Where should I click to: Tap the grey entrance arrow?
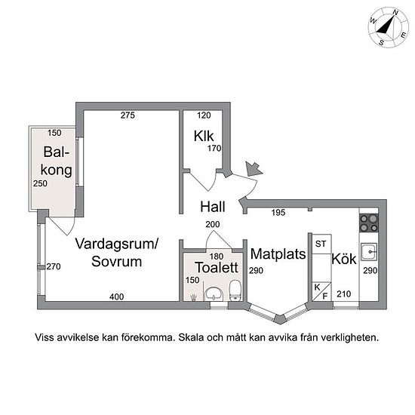click(x=254, y=168)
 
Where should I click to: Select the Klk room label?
click(x=204, y=136)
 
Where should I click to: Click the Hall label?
click(x=213, y=207)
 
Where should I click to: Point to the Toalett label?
click(x=217, y=267)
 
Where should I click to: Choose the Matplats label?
click(x=278, y=254)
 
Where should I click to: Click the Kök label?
click(x=344, y=259)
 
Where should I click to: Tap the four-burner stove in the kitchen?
click(x=369, y=223)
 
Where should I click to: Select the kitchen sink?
click(x=369, y=252)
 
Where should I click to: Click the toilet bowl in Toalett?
click(x=235, y=290)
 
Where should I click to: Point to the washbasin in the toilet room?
click(x=214, y=294)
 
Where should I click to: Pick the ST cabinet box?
click(x=321, y=244)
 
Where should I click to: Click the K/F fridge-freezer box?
click(x=321, y=292)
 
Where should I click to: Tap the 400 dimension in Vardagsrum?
click(x=116, y=297)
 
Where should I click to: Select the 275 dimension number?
click(x=128, y=115)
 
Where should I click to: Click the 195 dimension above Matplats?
click(x=278, y=212)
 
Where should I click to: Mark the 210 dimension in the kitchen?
click(x=344, y=294)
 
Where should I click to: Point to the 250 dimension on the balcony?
click(x=40, y=183)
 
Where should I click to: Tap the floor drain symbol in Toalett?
click(x=194, y=297)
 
